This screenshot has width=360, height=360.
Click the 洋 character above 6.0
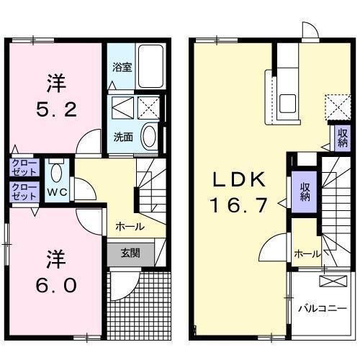(53, 257)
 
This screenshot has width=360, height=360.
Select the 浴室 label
(122, 67)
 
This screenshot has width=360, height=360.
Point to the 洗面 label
(122, 136)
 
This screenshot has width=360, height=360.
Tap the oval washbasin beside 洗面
(150, 135)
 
